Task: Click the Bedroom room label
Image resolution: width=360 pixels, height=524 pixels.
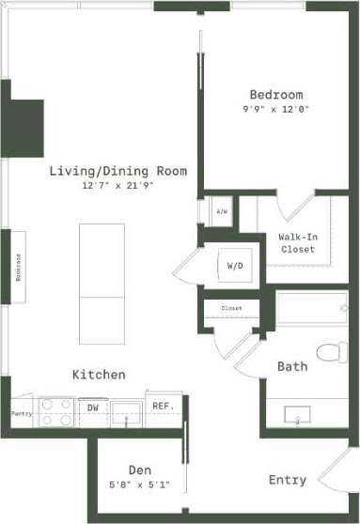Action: tap(275, 95)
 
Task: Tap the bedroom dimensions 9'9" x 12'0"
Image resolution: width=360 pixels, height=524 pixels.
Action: tap(275, 109)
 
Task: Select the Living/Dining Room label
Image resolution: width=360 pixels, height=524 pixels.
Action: tap(118, 171)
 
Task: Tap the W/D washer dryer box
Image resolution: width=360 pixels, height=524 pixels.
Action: tap(235, 266)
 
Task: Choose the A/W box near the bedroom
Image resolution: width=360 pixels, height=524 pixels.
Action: tap(222, 211)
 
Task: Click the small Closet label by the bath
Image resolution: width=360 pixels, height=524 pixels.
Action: tap(231, 308)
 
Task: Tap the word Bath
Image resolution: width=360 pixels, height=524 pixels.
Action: tap(291, 366)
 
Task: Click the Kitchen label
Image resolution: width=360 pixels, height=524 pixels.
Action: tap(99, 375)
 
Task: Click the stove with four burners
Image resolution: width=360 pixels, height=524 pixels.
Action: tap(57, 413)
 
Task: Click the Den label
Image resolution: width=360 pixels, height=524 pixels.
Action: tap(140, 470)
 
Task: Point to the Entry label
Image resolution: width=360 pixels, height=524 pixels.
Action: tap(287, 480)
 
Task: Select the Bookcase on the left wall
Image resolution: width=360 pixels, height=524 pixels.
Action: tap(19, 268)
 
